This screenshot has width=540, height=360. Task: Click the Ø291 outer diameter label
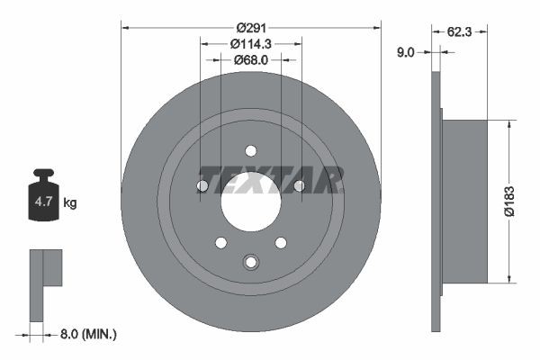(251, 26)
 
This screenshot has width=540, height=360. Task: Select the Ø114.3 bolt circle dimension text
(251, 43)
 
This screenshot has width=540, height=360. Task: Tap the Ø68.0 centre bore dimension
(251, 60)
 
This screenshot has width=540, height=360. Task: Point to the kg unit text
(70, 203)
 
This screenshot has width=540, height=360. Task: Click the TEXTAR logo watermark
(271, 179)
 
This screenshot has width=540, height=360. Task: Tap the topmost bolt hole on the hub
(251, 150)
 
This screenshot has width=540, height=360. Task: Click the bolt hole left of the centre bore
(202, 186)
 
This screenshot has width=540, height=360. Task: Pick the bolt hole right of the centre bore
(300, 186)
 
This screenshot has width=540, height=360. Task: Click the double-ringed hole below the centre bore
(251, 262)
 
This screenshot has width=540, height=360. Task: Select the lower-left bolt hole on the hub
(220, 242)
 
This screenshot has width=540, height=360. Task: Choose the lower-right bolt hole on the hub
(281, 242)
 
